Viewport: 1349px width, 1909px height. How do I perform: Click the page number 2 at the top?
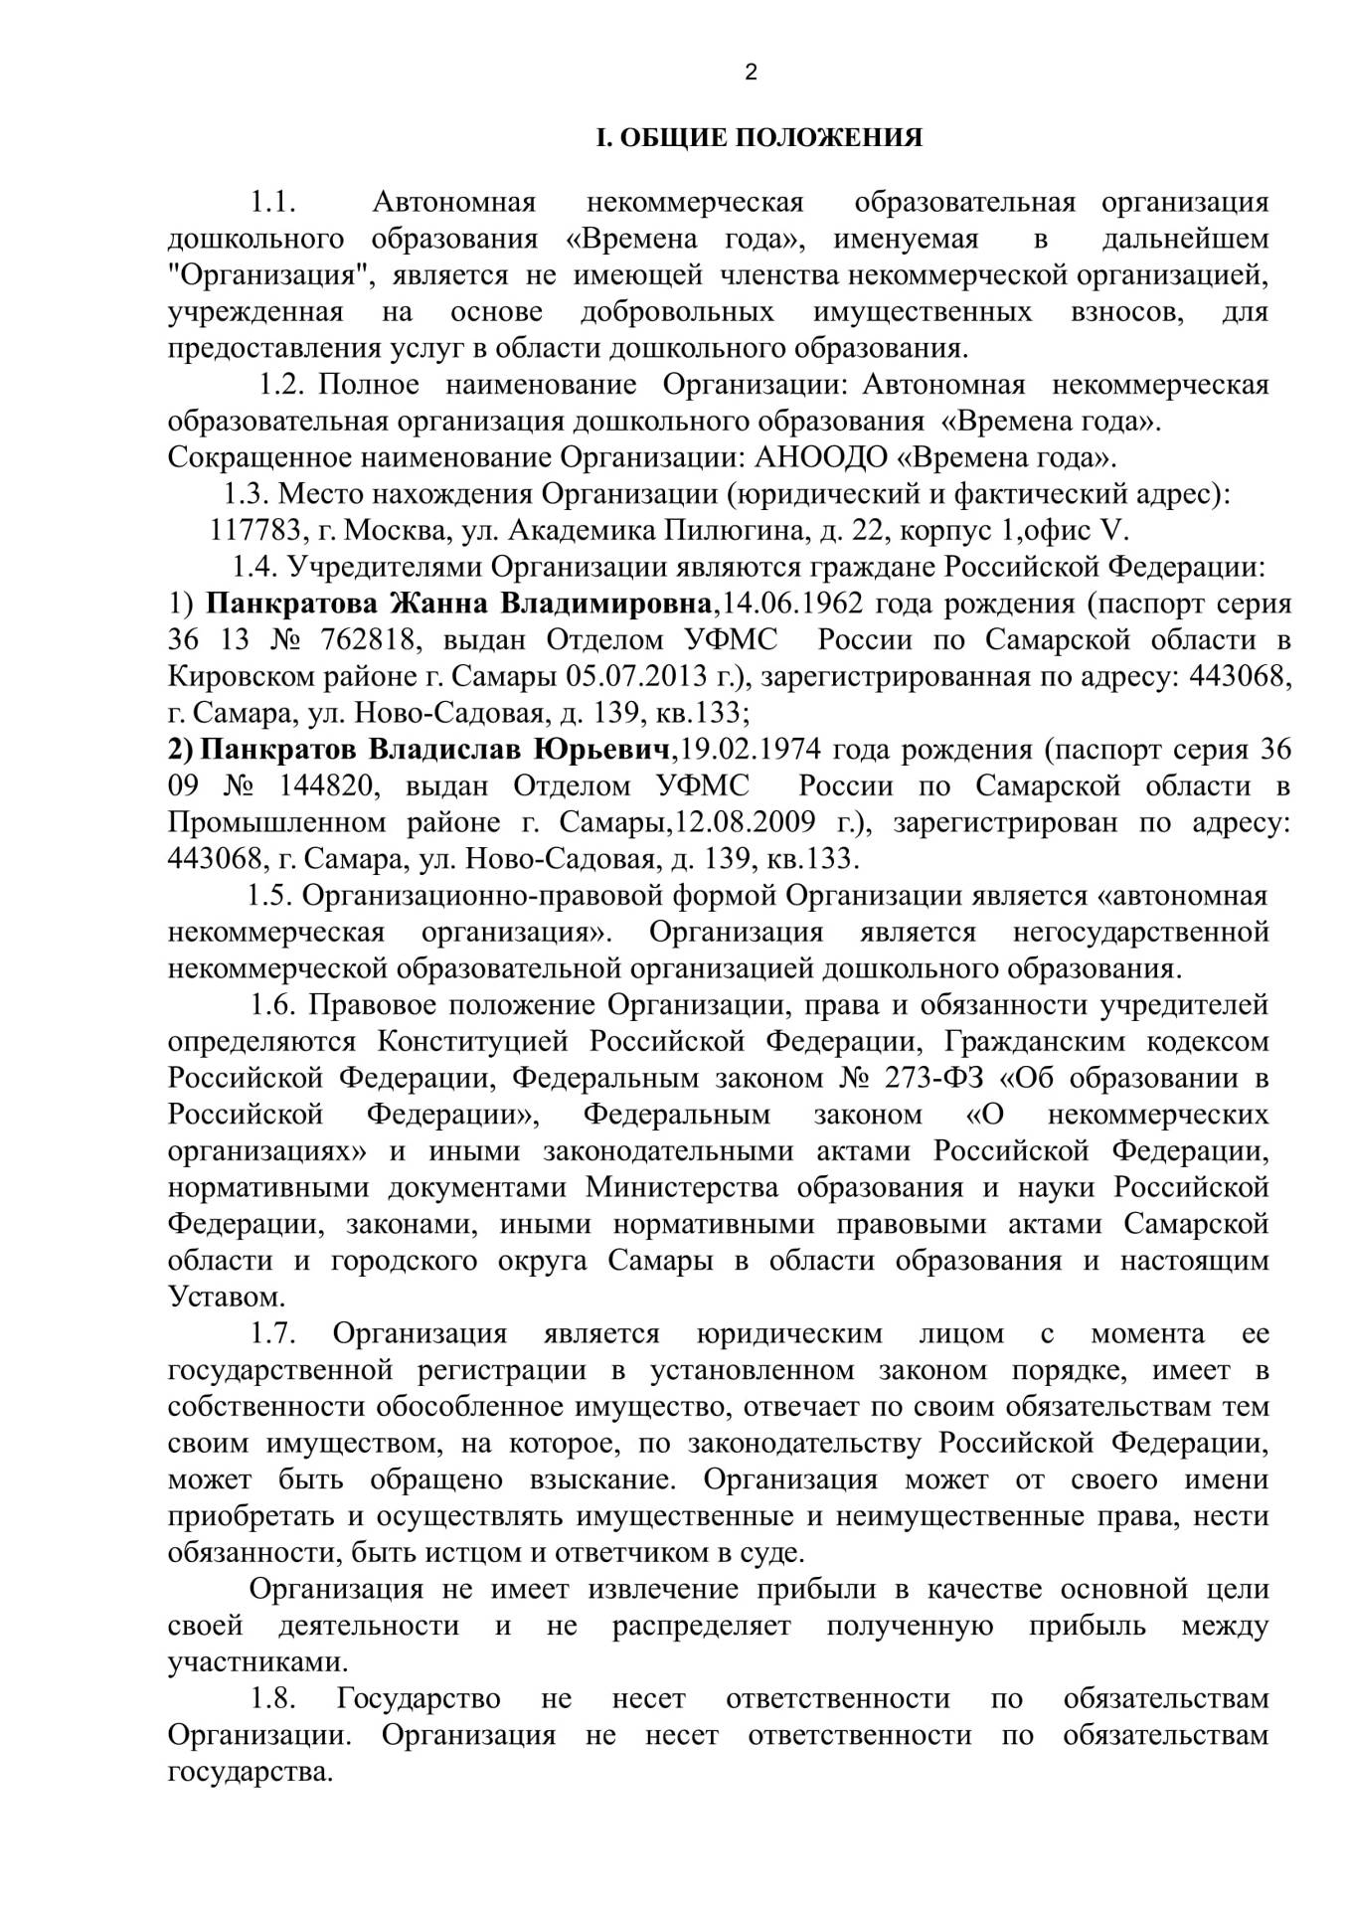pyautogui.click(x=751, y=72)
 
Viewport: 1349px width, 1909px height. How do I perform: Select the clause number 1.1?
pyautogui.click(x=274, y=203)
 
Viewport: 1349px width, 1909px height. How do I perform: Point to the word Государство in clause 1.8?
pyautogui.click(x=419, y=1698)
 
